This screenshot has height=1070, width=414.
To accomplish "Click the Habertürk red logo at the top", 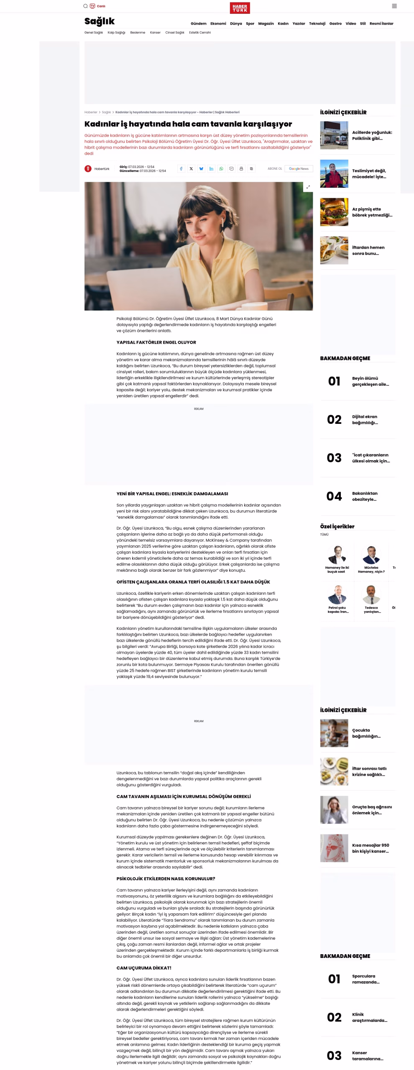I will point(240,8).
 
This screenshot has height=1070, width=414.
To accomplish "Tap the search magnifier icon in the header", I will point(85,6).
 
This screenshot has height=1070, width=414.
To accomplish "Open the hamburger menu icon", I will point(394,6).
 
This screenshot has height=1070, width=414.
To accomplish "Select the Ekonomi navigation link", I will point(218,24).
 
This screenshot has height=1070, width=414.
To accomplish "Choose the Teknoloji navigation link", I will point(317,24).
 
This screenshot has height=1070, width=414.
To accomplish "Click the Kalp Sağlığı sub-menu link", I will point(116,33).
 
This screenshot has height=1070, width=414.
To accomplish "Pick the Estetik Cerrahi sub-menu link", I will point(200,33).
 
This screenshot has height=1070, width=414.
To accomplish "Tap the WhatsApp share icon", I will point(221,169).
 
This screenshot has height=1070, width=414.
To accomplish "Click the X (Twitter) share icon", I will point(191,169).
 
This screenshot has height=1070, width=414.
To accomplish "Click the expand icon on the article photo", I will point(308,187).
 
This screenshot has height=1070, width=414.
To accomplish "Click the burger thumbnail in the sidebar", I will point(334,212).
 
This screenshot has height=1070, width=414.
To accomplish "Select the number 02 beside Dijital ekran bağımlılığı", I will point(334,420).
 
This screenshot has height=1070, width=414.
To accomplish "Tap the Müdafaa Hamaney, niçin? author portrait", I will point(371,555).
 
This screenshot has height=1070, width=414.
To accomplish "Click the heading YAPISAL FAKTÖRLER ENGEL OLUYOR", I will point(156,342).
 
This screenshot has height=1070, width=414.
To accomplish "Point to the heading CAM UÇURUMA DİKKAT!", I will point(143,968).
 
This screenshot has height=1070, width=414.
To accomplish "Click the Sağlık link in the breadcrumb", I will point(106,112).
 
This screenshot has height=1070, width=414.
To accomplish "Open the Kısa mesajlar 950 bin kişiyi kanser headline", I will point(371,848).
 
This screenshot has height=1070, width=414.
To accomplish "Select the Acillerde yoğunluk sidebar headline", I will point(372,135).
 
